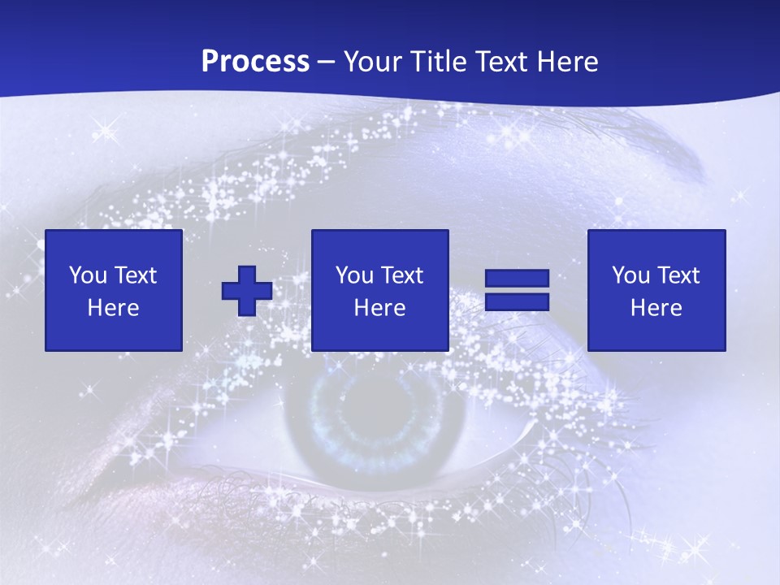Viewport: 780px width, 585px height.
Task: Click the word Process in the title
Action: (x=255, y=62)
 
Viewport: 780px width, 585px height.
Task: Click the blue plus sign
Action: (x=247, y=290)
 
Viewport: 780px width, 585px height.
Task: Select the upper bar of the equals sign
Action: (x=517, y=278)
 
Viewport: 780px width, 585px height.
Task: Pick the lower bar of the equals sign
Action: (x=517, y=302)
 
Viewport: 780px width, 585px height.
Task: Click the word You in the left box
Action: (x=88, y=275)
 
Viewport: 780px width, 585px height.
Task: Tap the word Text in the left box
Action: (x=135, y=275)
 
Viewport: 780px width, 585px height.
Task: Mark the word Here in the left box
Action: (x=114, y=308)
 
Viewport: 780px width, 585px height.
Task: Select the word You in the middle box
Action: (x=354, y=275)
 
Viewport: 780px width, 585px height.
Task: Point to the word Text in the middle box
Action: (x=401, y=275)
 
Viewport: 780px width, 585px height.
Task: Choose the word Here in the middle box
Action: (x=380, y=308)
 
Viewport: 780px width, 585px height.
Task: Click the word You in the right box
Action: (x=630, y=275)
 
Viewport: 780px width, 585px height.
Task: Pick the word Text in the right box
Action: (x=678, y=275)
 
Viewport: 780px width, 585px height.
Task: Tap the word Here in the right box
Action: (x=656, y=308)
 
